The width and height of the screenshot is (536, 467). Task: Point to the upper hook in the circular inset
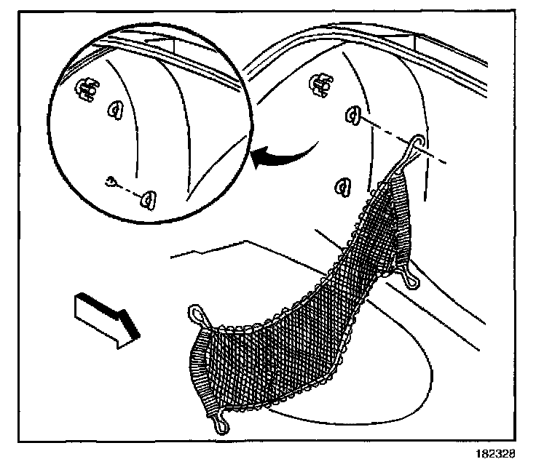click(115, 110)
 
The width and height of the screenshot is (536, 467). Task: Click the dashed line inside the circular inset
click(130, 189)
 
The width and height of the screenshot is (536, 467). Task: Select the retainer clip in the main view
click(317, 84)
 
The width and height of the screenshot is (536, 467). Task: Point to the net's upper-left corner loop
click(197, 314)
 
